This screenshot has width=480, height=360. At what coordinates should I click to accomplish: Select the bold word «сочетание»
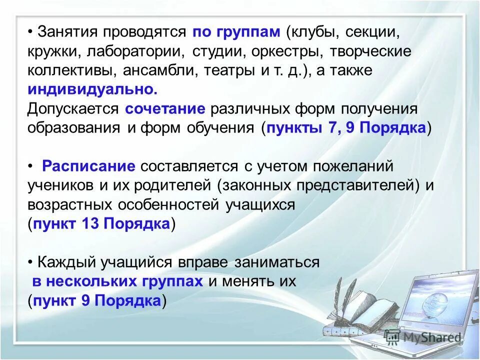165,108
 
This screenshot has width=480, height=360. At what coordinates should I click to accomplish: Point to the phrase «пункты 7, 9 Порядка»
346,127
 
